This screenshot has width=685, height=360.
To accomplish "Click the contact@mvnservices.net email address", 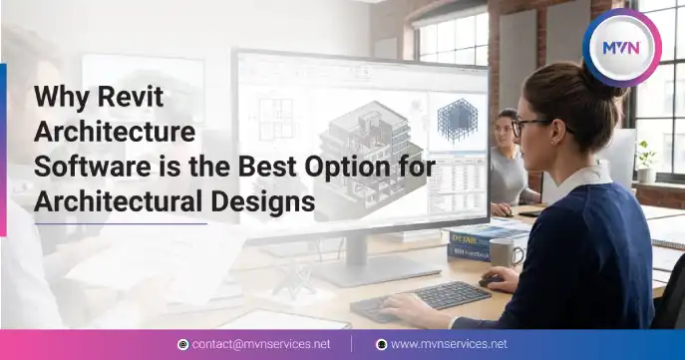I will point(260,344).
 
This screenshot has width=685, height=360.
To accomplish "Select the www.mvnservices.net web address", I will point(448,344).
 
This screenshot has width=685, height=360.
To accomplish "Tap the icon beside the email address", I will point(182,344).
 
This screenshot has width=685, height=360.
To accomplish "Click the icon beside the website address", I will point(381,344).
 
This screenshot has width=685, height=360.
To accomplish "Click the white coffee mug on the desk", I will point(506,253).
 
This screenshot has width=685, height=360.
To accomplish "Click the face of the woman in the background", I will point(507,131).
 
